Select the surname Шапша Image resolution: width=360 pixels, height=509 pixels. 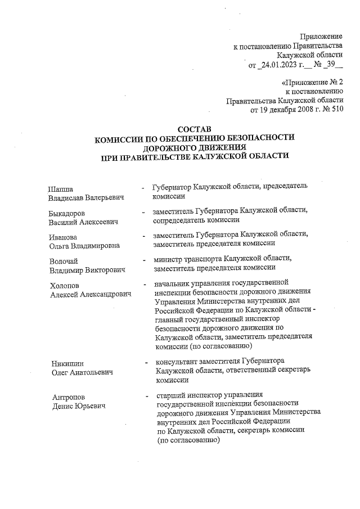(60, 188)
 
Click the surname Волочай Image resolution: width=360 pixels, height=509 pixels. (63, 260)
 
